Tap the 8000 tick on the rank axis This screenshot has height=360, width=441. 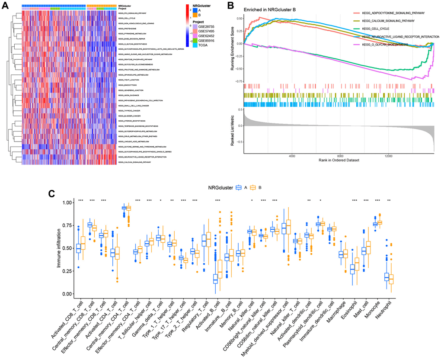[340, 157]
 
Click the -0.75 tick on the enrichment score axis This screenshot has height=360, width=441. [237, 81]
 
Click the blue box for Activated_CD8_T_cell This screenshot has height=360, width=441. [79, 248]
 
